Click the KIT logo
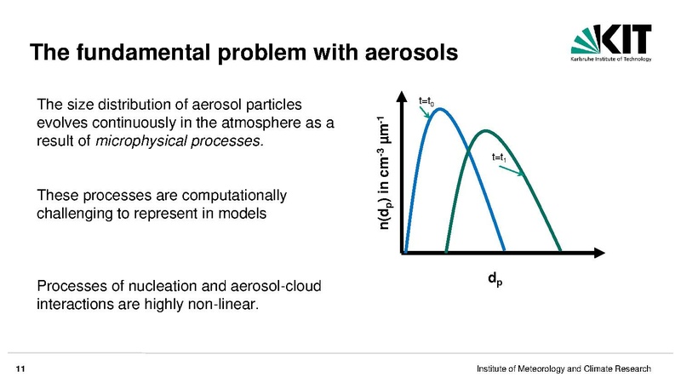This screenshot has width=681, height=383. point(611,43)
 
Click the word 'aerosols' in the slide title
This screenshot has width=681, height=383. point(411,52)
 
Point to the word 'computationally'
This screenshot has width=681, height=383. point(234,196)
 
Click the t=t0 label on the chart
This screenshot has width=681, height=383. point(426,101)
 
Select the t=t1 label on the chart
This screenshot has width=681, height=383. point(499,157)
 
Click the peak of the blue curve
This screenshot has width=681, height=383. point(439,109)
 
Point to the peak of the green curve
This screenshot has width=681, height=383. point(485,130)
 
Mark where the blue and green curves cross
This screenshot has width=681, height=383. point(468,151)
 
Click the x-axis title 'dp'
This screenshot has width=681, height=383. point(495,279)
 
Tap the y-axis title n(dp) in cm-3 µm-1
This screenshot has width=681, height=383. point(384,173)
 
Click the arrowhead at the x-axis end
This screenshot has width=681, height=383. point(599,253)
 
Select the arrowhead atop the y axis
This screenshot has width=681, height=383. point(402,97)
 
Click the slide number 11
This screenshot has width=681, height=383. point(20,369)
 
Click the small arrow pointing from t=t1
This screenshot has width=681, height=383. point(512,171)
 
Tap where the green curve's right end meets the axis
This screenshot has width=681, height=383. point(560,250)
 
